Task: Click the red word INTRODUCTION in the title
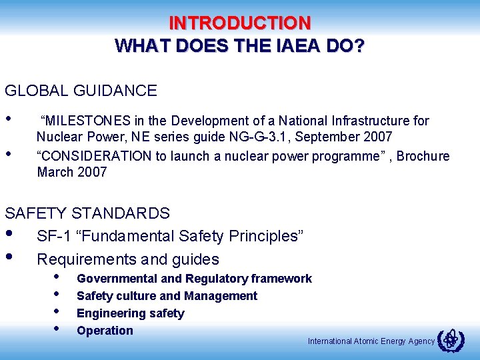coord(240,23)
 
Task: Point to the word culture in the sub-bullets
coord(136,296)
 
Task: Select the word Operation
coord(105,331)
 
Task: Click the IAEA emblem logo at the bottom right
coord(451,341)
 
